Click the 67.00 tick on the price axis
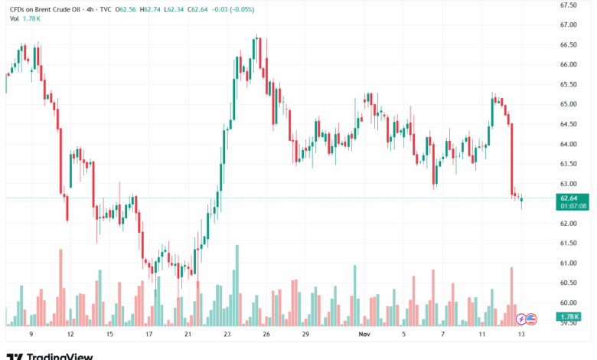568,25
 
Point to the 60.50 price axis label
568,283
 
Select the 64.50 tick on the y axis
568,124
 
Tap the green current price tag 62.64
568,198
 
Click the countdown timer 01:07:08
568,205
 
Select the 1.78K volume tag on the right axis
568,316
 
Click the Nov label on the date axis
364,335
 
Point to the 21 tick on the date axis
188,335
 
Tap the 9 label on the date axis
31,335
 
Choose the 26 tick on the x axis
266,335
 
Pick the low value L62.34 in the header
185,9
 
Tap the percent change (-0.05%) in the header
243,9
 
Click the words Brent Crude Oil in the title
63,9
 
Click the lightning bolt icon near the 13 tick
521,319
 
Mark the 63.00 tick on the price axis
568,184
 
